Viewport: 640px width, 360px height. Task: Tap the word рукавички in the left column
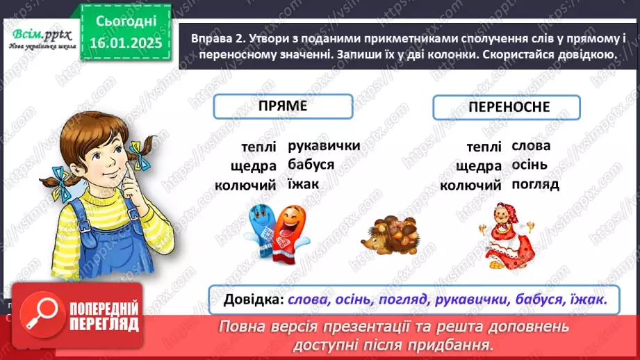point(323,146)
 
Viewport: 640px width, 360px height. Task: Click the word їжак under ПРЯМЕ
point(303,184)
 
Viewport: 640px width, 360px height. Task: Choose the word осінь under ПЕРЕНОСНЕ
point(530,165)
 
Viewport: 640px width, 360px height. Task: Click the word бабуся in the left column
point(310,165)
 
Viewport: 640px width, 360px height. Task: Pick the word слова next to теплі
point(531,146)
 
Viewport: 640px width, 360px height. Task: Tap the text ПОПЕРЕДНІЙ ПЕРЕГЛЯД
point(95,316)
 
